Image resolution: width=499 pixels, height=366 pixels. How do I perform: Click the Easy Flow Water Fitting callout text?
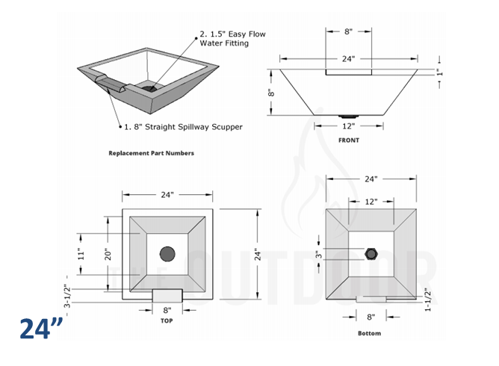[232, 39]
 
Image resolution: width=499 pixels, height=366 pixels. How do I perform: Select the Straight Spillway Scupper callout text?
[182, 127]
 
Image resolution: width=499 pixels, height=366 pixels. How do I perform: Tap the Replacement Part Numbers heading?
[152, 153]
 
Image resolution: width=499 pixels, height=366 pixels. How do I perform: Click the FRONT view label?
[348, 140]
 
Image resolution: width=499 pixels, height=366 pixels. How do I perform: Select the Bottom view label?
[369, 333]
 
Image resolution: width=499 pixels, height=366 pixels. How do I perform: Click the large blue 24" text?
[41, 329]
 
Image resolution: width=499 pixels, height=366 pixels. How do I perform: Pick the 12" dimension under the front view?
[348, 125]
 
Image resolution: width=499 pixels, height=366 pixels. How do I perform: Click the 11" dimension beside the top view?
[81, 253]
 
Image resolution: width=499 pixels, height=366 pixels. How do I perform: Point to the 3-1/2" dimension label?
[66, 296]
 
